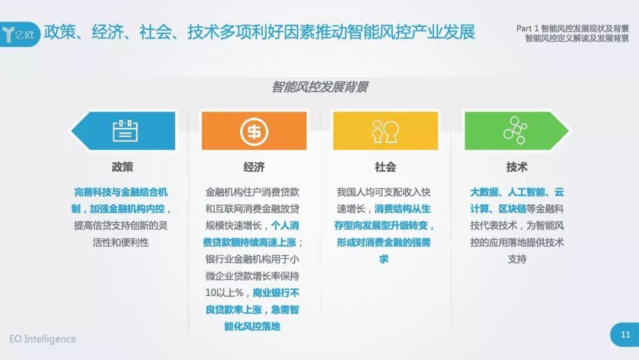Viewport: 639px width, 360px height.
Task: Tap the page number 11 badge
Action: [x=625, y=335]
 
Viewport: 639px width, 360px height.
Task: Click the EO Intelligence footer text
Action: [x=43, y=339]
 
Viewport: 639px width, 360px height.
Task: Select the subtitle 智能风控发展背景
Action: [x=320, y=87]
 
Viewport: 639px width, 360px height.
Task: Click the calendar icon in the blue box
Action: [x=125, y=130]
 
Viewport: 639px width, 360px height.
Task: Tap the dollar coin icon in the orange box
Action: [x=254, y=131]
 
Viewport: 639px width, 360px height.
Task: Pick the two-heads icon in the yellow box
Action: [x=385, y=131]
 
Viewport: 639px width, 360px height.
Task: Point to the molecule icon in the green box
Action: [x=515, y=130]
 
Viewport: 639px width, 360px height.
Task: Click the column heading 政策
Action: [x=122, y=167]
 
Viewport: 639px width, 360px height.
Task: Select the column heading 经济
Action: [x=254, y=167]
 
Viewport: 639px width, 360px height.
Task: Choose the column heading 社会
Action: [x=385, y=167]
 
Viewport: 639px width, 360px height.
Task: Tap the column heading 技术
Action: [x=517, y=167]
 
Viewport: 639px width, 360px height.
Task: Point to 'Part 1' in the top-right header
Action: [x=527, y=28]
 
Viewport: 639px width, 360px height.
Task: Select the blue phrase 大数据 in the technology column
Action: [x=484, y=192]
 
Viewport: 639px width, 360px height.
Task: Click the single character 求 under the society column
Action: [x=383, y=259]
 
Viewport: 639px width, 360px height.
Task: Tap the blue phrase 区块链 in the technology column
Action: [x=512, y=209]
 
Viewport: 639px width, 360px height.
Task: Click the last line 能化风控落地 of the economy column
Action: [x=252, y=326]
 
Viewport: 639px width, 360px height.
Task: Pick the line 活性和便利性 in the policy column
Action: [x=121, y=243]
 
